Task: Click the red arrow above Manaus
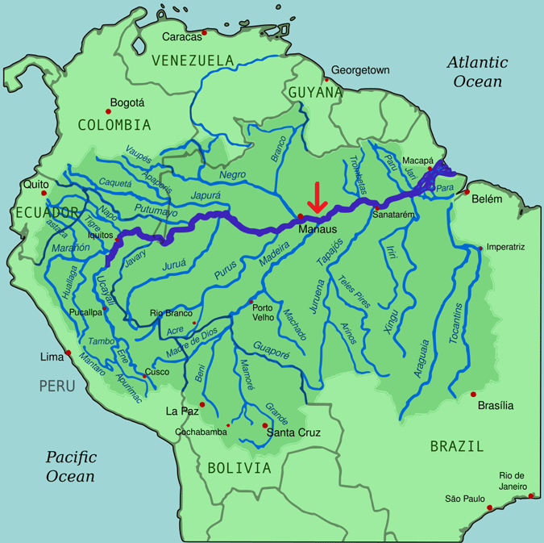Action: click(317, 198)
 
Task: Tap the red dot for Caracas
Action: click(205, 33)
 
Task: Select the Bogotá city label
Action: click(127, 102)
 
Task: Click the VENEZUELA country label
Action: click(193, 61)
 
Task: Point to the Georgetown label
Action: click(360, 70)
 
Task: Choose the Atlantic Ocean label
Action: click(479, 71)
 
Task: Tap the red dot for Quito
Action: click(44, 194)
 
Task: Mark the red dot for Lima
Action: click(69, 353)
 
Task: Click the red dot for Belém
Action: click(467, 192)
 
